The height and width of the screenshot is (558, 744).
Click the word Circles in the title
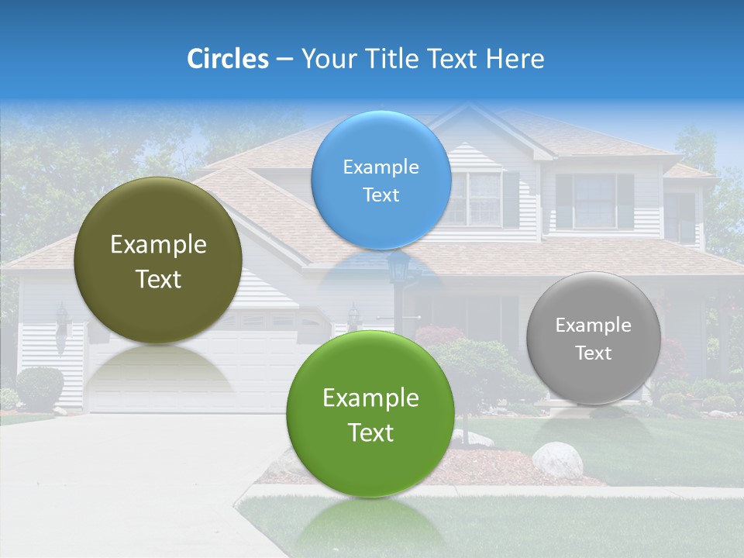pos(227,59)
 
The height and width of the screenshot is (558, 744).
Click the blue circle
pos(381,180)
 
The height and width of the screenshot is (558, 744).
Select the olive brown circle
pos(158,260)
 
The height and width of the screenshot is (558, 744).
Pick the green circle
pos(370,414)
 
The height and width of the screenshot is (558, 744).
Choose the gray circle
pos(594,338)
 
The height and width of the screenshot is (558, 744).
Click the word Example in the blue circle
pos(381,167)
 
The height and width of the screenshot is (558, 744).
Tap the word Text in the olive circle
pos(158,279)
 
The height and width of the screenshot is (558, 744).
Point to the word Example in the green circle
pos(370,398)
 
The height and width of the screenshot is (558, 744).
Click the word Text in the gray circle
pos(594,353)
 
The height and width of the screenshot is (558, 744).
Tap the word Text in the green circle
pos(370,432)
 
